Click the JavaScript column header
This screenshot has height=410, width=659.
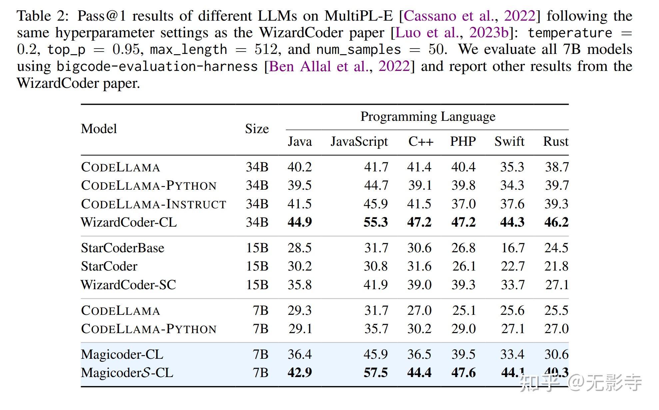click(x=359, y=142)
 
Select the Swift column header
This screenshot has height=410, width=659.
click(x=509, y=142)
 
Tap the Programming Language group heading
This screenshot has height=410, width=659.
click(x=428, y=117)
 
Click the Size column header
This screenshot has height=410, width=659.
click(x=257, y=129)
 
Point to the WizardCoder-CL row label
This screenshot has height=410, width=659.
click(x=129, y=222)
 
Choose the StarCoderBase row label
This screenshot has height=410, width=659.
click(x=122, y=248)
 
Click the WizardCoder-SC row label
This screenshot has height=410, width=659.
click(x=128, y=285)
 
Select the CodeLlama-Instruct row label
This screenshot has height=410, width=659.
click(x=154, y=204)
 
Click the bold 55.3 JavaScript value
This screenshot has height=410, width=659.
click(x=375, y=222)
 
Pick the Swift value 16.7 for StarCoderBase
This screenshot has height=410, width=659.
click(x=513, y=248)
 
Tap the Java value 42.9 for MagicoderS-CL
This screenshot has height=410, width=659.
click(x=300, y=373)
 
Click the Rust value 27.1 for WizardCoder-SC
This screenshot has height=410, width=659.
click(x=557, y=285)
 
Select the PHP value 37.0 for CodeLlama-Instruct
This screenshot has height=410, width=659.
click(x=463, y=204)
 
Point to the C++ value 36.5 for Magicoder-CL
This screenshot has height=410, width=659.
click(x=419, y=354)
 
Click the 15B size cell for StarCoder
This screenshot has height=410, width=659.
click(x=257, y=266)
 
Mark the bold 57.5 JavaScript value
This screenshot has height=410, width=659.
click(x=375, y=373)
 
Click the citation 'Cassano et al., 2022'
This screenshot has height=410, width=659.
click(x=469, y=16)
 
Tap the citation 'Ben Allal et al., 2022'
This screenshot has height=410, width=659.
click(x=339, y=66)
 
